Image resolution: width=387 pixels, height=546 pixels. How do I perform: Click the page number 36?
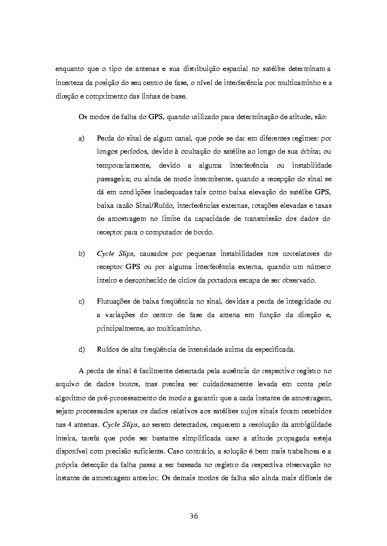193,516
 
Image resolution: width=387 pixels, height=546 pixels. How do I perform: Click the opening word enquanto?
70,69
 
